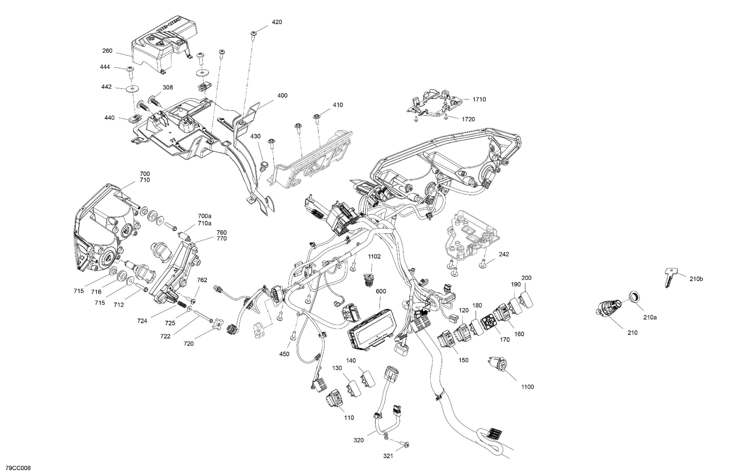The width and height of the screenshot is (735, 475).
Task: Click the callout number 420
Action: (x=277, y=22)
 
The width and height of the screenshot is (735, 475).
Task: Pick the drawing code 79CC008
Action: (x=18, y=468)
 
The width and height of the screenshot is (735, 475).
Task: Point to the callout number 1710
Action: (x=479, y=99)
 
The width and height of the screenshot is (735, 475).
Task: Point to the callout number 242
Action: (x=504, y=254)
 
